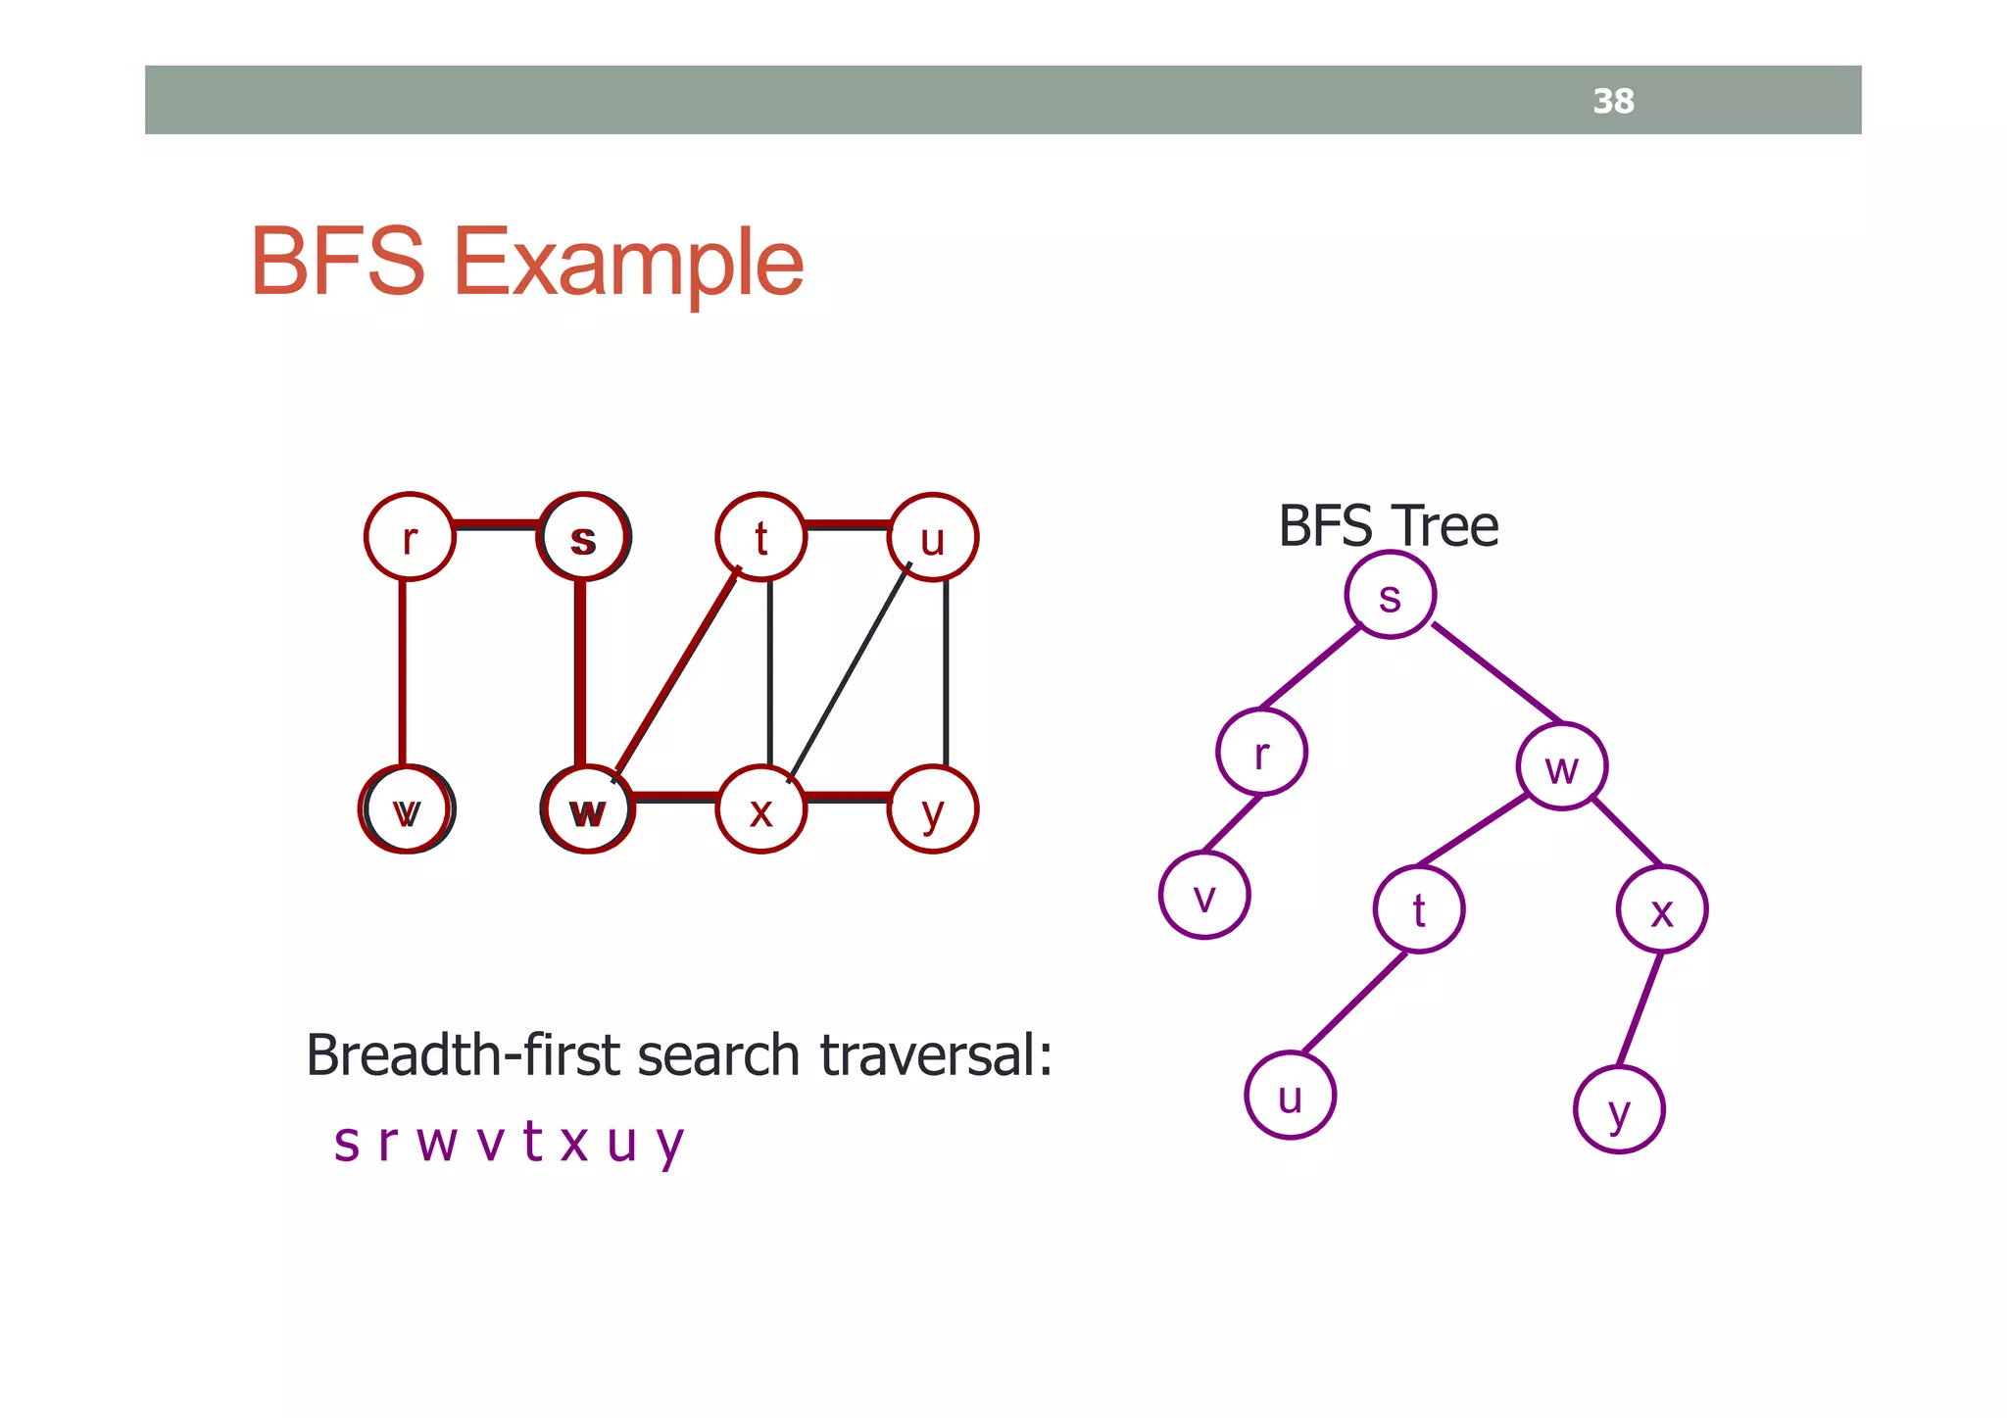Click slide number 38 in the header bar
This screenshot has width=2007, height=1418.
(x=1613, y=101)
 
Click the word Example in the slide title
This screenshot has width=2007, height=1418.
(x=627, y=263)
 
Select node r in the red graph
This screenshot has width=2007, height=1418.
(x=410, y=537)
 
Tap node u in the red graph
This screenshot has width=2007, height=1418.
(x=932, y=537)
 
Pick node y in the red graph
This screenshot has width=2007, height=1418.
(x=932, y=809)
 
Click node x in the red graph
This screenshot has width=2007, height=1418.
(x=760, y=809)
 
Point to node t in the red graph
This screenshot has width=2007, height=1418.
(x=760, y=537)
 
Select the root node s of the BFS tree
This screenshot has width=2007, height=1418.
(x=1390, y=595)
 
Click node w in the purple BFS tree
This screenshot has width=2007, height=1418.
(x=1561, y=766)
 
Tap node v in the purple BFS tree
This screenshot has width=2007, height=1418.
(x=1204, y=896)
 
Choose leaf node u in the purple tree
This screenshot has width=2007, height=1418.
(x=1290, y=1096)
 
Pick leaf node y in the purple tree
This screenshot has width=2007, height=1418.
(x=1619, y=1109)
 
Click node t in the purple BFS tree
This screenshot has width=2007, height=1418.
(x=1418, y=909)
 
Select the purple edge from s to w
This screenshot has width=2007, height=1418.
(x=1495, y=672)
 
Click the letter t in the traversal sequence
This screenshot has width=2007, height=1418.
(x=532, y=1141)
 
